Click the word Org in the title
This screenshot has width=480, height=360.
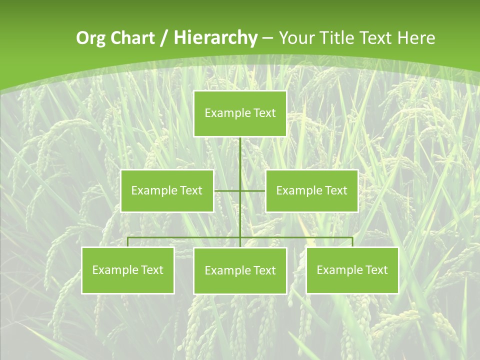[x=90, y=38]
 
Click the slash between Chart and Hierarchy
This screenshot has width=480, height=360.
[x=164, y=38]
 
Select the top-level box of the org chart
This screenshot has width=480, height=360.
[x=240, y=113]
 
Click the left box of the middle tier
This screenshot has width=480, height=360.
[x=167, y=190]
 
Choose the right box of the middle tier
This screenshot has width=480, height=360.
[x=312, y=190]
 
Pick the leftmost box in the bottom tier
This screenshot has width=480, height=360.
[x=128, y=270]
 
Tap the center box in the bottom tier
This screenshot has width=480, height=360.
[x=240, y=270]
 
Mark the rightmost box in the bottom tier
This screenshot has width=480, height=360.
[x=352, y=270]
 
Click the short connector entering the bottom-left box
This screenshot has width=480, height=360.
[x=128, y=242]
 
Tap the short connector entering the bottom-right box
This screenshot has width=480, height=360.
[x=352, y=242]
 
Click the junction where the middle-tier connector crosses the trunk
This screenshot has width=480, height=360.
[x=240, y=190]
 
